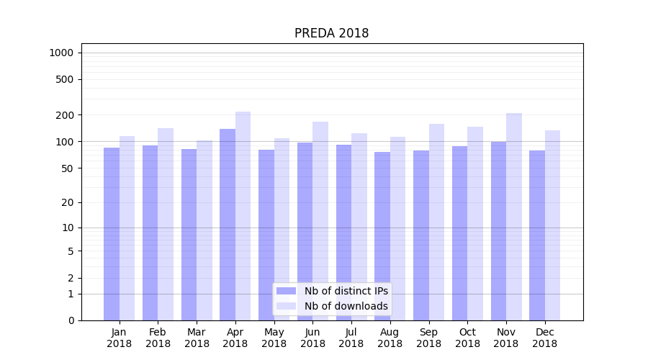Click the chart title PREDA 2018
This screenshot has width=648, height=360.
coord(331,34)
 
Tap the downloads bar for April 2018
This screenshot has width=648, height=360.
coord(243,216)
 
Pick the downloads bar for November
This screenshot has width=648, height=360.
coord(513,217)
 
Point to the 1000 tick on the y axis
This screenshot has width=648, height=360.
coord(61,53)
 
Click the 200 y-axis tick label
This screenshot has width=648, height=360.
coord(64,115)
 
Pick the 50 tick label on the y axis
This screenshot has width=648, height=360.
coord(67,168)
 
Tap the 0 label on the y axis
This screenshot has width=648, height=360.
coord(71,320)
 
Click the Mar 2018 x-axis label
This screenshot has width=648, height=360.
coord(197,338)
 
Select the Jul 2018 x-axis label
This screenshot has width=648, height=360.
coord(351,338)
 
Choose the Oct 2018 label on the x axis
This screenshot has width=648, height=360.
coord(467,338)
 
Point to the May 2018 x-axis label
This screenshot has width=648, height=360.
coord(274,338)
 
